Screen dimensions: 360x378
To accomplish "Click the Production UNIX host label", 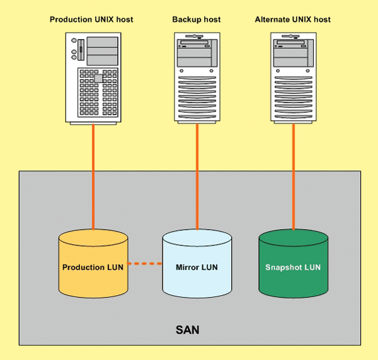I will (x=91, y=20).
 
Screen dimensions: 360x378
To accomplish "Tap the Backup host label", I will (x=197, y=20).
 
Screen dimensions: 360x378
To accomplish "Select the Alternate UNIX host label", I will (x=293, y=20).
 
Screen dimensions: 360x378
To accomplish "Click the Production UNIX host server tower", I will (x=93, y=77).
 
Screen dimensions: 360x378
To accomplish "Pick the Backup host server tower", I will (x=197, y=77).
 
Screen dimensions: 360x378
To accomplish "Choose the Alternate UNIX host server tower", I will (x=294, y=77).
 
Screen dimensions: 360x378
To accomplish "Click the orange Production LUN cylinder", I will (x=93, y=277).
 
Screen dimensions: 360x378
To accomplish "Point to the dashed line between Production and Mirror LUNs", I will (x=146, y=263).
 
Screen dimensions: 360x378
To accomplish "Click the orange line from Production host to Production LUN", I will (x=93, y=176).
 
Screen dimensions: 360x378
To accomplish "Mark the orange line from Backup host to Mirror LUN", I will (x=197, y=176).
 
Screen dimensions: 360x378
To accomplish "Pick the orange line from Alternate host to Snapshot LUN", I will (x=294, y=176).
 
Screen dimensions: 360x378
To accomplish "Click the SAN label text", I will (x=188, y=330).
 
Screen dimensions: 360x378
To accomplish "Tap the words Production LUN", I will (x=93, y=267).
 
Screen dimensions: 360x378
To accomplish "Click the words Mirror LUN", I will (x=197, y=267).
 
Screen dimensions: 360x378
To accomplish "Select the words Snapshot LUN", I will (x=294, y=267).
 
